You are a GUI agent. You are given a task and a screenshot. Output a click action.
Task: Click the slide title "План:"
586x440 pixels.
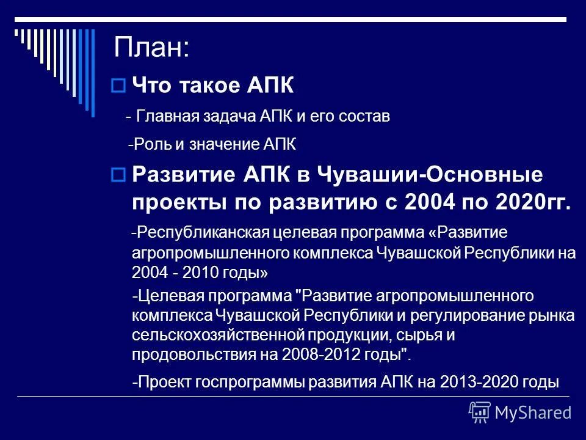[152, 48]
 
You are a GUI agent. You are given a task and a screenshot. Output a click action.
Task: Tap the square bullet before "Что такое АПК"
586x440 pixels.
[119, 86]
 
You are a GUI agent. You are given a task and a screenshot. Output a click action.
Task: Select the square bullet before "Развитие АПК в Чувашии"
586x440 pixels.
[119, 175]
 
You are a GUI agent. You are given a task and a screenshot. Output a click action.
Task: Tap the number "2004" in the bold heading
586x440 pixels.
[432, 203]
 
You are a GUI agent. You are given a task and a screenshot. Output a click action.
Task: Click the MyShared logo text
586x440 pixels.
[533, 413]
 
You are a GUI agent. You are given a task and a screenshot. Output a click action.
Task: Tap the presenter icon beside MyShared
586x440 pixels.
[480, 413]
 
